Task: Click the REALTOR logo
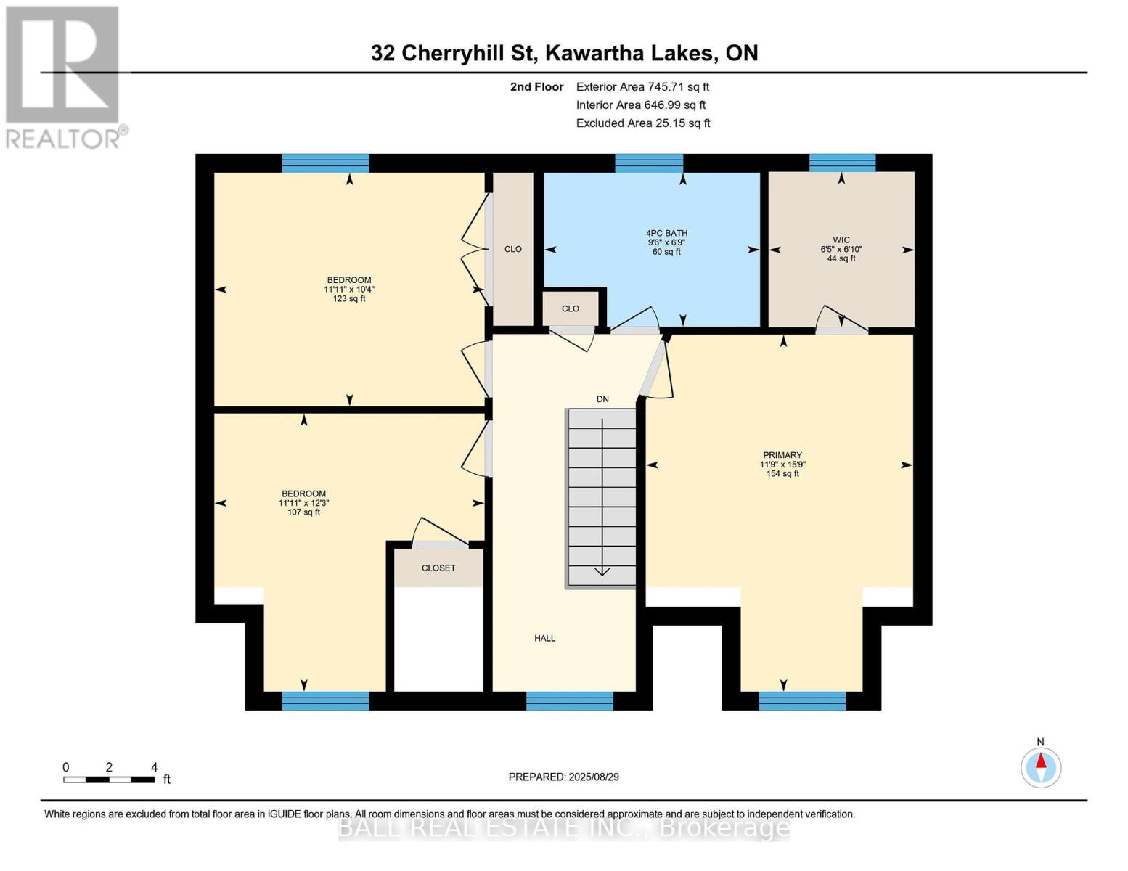click(x=64, y=76)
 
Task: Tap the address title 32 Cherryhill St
click(x=564, y=53)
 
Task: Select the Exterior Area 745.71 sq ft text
click(x=642, y=86)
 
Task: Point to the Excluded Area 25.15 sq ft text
click(x=642, y=123)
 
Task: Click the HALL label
click(x=545, y=639)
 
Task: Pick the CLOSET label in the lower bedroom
click(x=438, y=568)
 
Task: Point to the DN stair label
click(x=602, y=399)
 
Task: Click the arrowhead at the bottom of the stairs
click(x=602, y=571)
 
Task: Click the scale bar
click(x=109, y=780)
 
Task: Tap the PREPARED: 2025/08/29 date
click(x=563, y=777)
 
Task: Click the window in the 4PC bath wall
click(x=649, y=163)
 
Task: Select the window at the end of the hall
click(x=569, y=700)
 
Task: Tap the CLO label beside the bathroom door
click(x=571, y=308)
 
